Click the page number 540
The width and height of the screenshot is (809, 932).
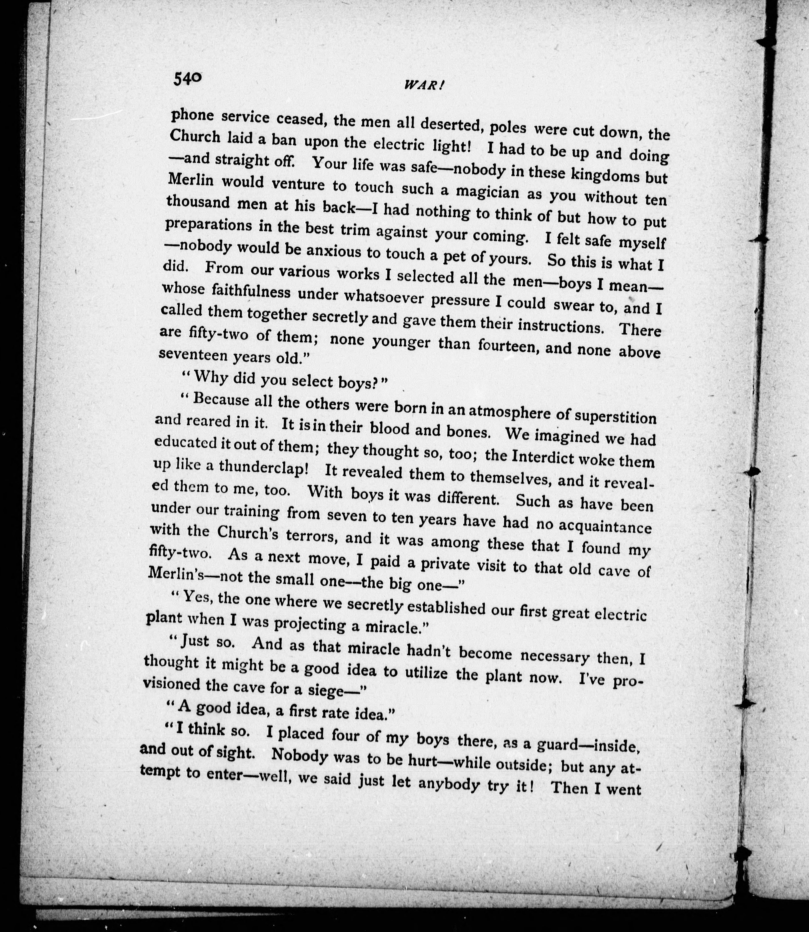187,79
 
